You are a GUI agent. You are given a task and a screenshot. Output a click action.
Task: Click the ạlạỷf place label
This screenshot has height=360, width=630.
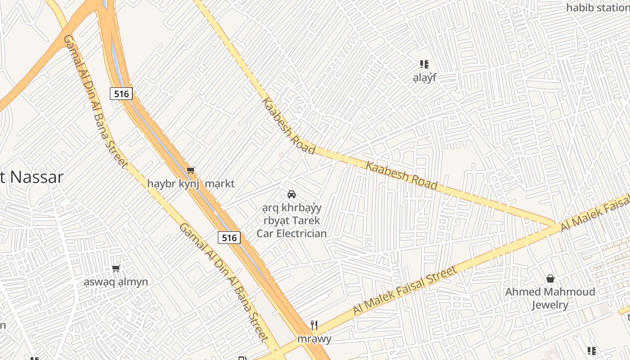click(x=425, y=78)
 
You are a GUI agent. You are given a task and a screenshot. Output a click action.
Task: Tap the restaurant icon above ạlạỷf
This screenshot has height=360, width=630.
click(x=424, y=64)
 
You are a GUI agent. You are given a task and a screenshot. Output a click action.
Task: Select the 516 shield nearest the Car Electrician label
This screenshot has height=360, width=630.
click(x=229, y=237)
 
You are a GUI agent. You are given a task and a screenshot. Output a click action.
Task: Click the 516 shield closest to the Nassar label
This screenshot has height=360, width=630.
click(x=121, y=94)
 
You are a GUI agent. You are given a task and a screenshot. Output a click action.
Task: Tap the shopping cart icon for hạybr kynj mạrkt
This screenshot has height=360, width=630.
click(x=191, y=170)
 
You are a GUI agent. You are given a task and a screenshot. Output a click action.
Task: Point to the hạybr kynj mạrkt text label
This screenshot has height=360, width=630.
click(x=191, y=184)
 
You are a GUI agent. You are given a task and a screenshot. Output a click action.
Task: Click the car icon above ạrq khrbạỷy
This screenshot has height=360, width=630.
click(x=292, y=194)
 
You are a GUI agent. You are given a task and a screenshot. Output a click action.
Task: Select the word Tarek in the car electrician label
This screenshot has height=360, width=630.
click(x=306, y=220)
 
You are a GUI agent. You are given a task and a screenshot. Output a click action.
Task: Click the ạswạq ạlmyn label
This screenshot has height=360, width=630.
click(x=116, y=282)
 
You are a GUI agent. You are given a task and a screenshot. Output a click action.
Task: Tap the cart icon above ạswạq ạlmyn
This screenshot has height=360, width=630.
click(x=116, y=269)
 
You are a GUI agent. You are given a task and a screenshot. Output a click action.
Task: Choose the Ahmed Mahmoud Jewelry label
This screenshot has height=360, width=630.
click(x=550, y=298)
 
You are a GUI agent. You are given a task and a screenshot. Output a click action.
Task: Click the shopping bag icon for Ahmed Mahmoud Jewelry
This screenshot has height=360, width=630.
click(x=550, y=279)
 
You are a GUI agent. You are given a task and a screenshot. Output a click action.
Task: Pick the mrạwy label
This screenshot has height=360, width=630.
click(x=314, y=339)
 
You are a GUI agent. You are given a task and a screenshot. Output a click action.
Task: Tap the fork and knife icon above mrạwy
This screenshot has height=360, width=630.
click(x=314, y=325)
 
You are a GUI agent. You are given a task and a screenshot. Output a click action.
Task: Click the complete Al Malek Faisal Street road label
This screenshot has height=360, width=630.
click(x=405, y=290)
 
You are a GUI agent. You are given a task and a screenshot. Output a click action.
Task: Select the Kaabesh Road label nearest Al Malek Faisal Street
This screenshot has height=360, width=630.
click(x=401, y=175)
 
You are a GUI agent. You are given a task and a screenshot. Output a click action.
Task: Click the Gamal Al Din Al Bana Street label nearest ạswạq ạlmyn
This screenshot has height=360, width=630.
click(x=224, y=282)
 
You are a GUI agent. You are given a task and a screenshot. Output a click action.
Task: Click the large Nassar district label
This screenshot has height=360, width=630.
click(x=31, y=177)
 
